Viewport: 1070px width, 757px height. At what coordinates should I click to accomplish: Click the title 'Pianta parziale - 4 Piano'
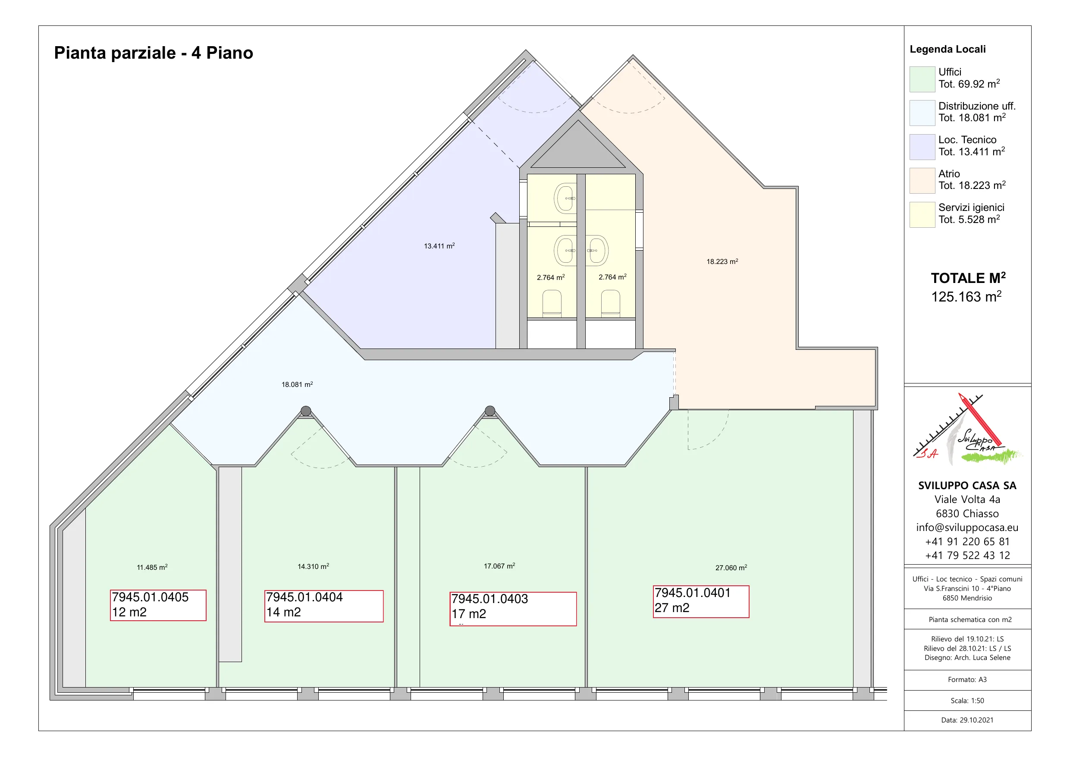pyautogui.click(x=154, y=53)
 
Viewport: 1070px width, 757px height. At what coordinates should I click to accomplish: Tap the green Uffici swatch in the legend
pyautogui.click(x=922, y=79)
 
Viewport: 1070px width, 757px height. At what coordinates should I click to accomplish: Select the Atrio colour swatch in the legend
pyautogui.click(x=922, y=180)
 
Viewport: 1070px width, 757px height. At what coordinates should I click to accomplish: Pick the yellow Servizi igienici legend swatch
pyautogui.click(x=922, y=214)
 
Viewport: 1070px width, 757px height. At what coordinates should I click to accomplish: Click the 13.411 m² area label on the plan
pyautogui.click(x=439, y=246)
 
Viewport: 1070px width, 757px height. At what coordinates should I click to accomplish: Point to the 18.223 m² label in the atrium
pyautogui.click(x=722, y=261)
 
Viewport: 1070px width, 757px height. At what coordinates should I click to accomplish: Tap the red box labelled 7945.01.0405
pyautogui.click(x=158, y=605)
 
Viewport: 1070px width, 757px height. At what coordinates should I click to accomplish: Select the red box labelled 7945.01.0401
pyautogui.click(x=701, y=601)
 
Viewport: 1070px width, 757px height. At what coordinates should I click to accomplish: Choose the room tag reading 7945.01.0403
pyautogui.click(x=513, y=609)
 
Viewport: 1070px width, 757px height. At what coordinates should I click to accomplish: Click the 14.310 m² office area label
pyautogui.click(x=313, y=566)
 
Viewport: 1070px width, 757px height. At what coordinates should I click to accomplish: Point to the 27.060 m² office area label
pyautogui.click(x=731, y=567)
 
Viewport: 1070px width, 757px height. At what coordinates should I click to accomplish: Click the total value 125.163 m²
pyautogui.click(x=966, y=296)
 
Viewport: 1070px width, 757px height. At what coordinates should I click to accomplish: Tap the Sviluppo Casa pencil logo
pyautogui.click(x=967, y=430)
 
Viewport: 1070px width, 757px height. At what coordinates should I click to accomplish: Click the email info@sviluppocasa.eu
pyautogui.click(x=967, y=528)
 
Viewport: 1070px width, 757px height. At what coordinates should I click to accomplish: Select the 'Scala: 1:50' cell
pyautogui.click(x=967, y=700)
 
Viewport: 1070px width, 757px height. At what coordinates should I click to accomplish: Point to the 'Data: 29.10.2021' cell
pyautogui.click(x=967, y=720)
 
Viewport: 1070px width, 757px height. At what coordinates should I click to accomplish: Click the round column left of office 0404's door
pyautogui.click(x=306, y=411)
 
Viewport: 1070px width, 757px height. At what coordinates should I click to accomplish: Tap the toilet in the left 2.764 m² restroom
pyautogui.click(x=552, y=303)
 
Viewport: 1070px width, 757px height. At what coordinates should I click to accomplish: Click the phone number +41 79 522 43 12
pyautogui.click(x=967, y=556)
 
